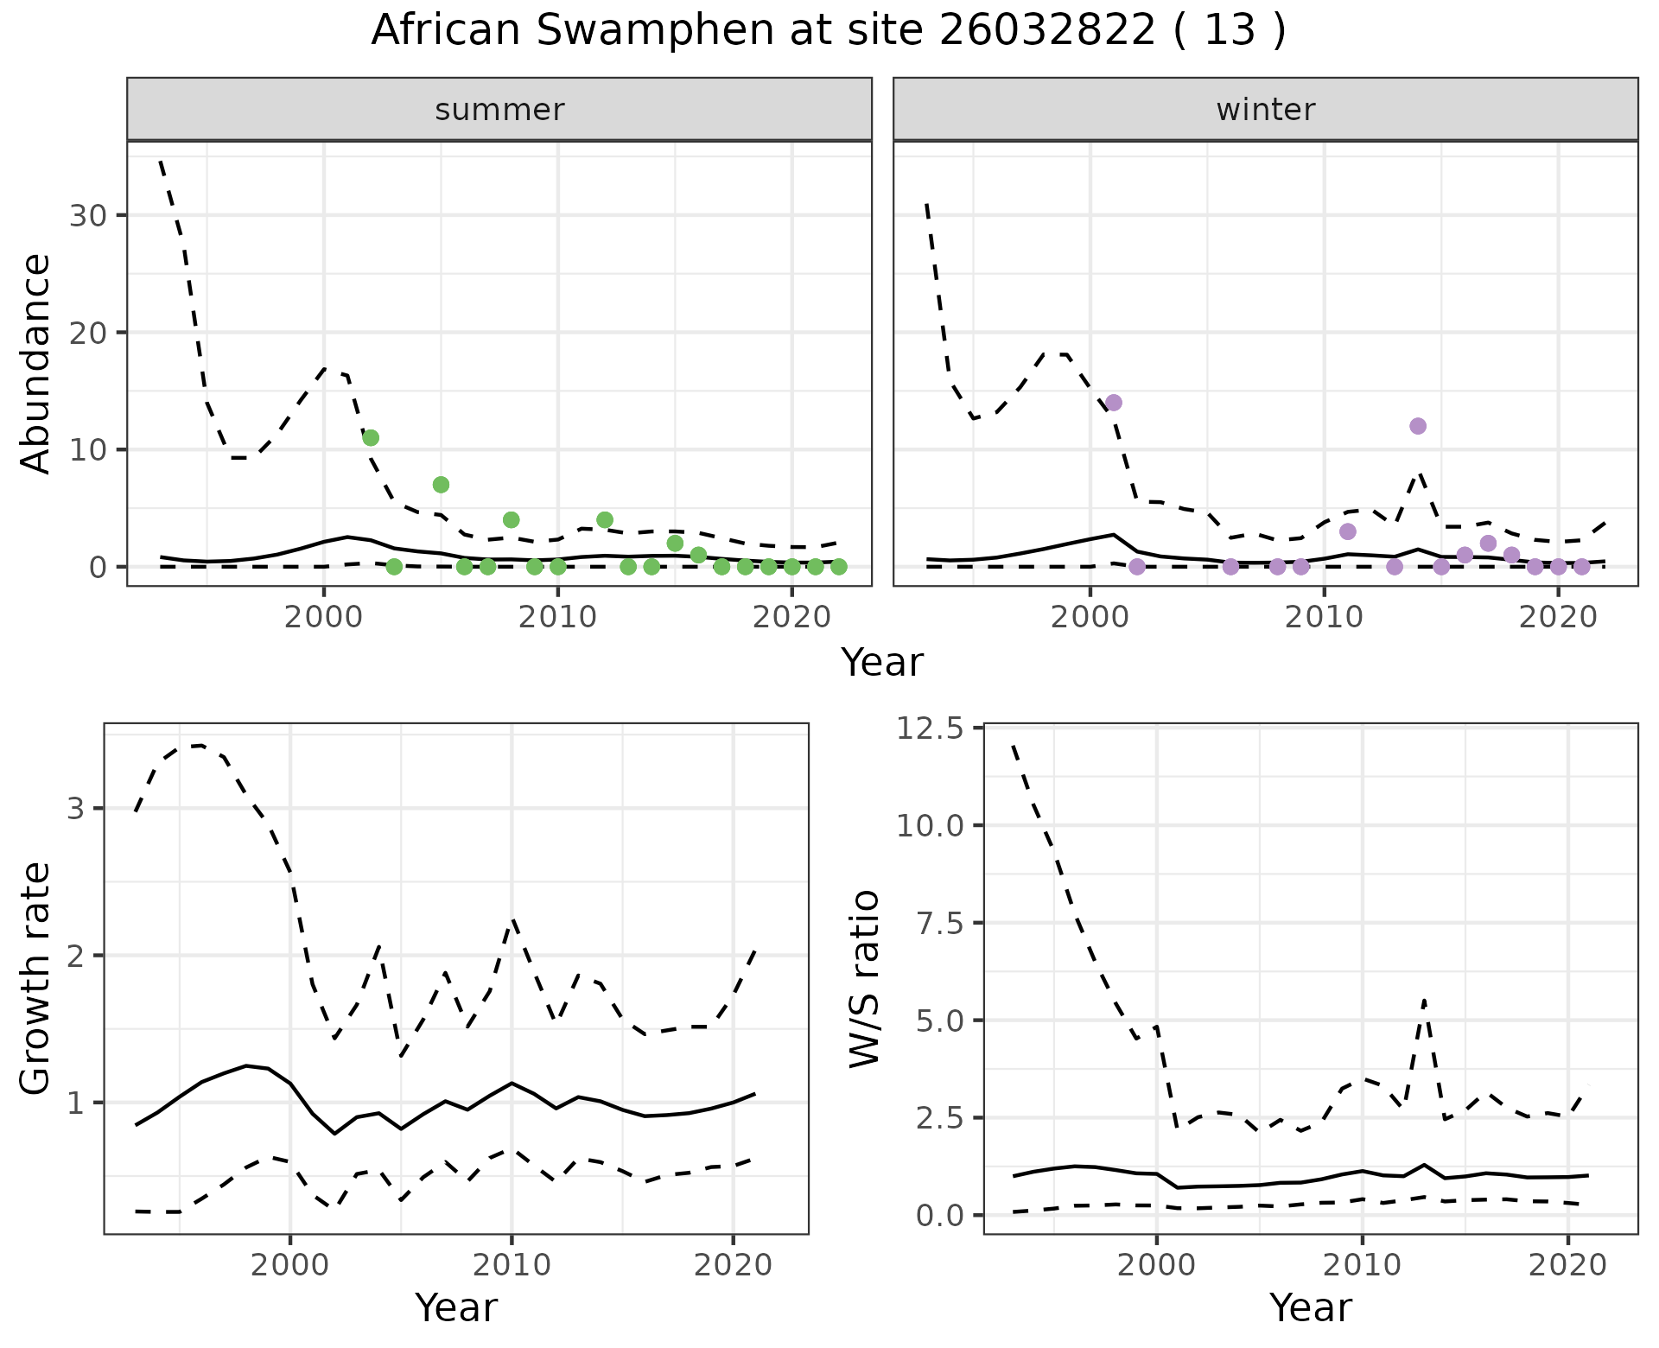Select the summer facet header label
(499, 110)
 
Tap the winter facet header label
(1265, 110)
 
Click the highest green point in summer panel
(371, 438)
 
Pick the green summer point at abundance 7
(441, 485)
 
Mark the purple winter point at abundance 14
(1114, 403)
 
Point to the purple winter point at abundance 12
(1418, 426)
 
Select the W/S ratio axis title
(864, 978)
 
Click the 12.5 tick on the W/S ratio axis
(929, 729)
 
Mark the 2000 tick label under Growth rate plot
(290, 1266)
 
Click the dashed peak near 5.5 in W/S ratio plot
(1424, 1001)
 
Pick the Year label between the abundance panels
(882, 663)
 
